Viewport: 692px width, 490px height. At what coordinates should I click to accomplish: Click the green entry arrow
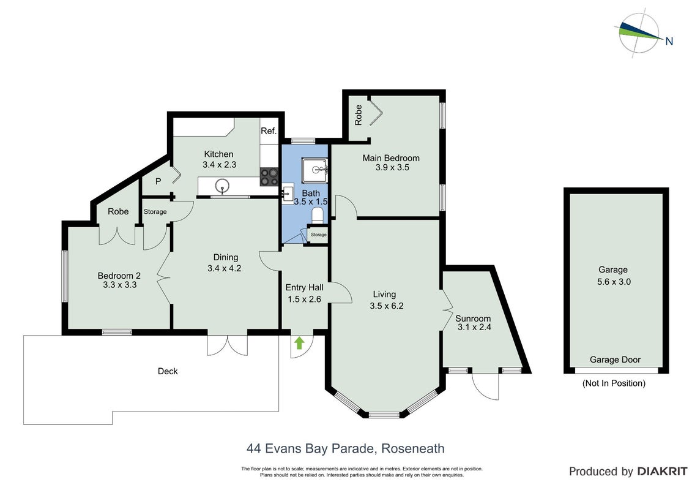[299, 342]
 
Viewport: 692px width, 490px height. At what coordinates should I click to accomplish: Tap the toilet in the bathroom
[318, 216]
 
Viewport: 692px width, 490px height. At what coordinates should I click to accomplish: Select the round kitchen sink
[222, 186]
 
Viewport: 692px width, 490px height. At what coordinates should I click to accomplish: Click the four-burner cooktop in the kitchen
[269, 177]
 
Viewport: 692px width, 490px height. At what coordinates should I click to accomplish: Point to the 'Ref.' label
[269, 131]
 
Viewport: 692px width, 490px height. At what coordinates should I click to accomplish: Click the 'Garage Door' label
[615, 360]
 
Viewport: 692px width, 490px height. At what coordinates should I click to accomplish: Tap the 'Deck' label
[168, 371]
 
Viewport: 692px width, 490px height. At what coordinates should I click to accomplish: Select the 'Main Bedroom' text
[391, 158]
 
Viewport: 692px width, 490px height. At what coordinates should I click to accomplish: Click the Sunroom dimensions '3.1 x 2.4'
[474, 328]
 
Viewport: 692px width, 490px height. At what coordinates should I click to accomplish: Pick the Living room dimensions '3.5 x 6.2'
[387, 306]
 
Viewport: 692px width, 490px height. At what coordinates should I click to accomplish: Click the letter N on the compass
[669, 41]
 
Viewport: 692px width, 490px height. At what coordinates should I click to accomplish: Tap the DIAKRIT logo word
[662, 472]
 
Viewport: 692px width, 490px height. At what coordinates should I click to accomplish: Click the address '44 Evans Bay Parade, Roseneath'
[346, 448]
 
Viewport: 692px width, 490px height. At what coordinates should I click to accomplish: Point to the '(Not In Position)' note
[614, 383]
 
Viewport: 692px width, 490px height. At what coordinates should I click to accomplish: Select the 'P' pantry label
[158, 181]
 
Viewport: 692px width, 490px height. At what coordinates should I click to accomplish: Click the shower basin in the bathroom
[316, 170]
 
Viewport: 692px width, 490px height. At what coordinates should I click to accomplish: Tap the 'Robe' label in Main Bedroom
[359, 115]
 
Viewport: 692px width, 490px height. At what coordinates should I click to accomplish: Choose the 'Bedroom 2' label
[119, 276]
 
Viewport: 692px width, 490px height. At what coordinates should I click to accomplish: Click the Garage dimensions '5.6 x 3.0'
[614, 282]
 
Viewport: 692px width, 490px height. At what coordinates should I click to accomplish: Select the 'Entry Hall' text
[305, 288]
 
